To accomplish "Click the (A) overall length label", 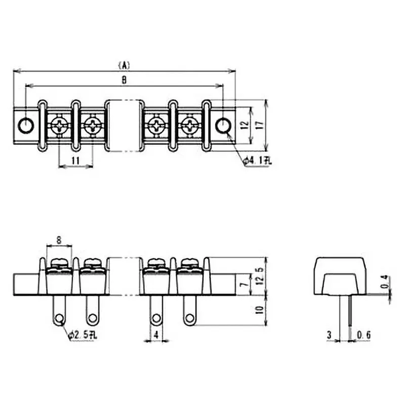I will [x=124, y=65].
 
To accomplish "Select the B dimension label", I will [x=124, y=80].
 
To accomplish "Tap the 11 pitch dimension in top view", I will [x=76, y=160].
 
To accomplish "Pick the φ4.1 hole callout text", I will [x=258, y=161].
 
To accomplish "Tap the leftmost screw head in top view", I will [x=60, y=125].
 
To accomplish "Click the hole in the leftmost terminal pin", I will [x=60, y=318].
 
